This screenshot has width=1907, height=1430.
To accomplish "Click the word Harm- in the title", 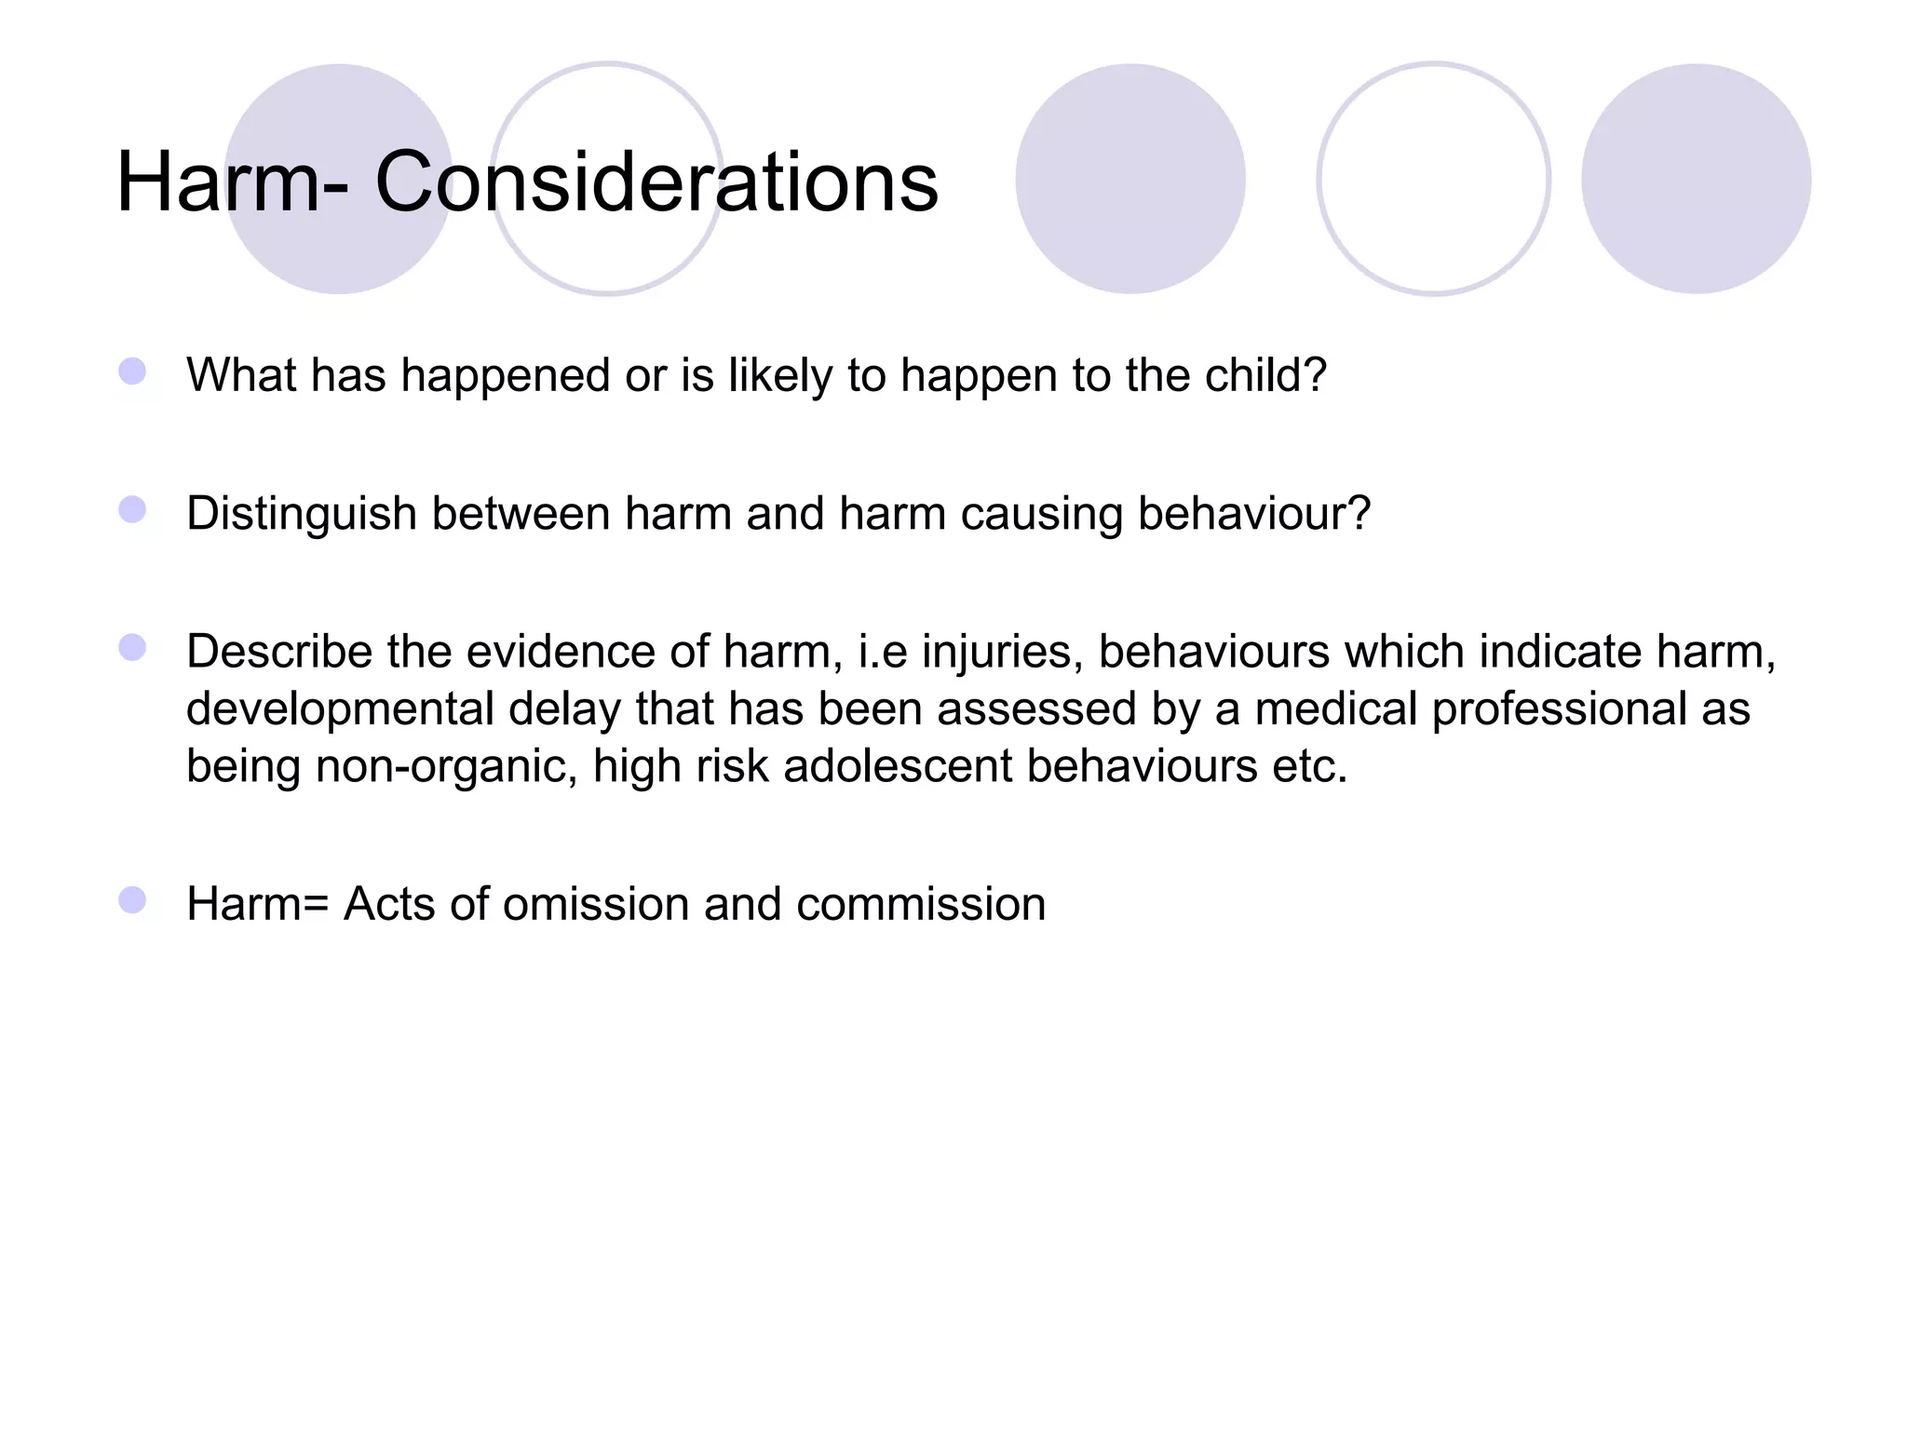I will (233, 182).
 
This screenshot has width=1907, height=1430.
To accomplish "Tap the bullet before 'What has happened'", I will (132, 371).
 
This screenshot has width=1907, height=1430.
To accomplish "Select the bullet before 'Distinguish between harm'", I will (132, 510).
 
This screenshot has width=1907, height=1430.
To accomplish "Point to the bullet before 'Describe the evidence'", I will (132, 648).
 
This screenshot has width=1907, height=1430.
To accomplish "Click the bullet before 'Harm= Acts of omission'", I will (132, 900).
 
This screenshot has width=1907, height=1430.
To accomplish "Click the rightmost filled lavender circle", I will (1696, 179).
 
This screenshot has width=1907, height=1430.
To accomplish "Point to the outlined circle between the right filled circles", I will (1433, 179).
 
